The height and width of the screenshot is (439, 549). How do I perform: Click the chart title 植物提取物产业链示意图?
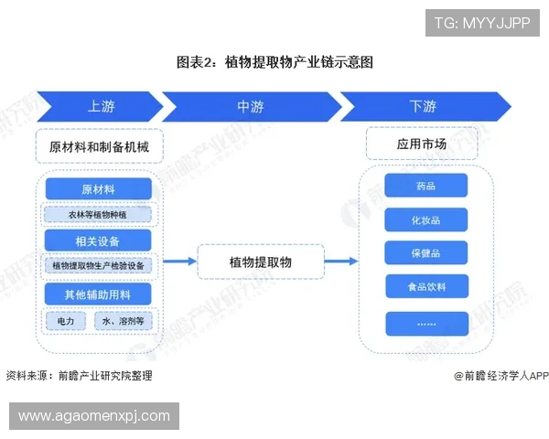pyautogui.click(x=274, y=62)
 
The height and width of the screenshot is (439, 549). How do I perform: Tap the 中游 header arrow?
pyautogui.click(x=251, y=106)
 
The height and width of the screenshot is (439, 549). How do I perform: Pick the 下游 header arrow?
pyautogui.click(x=420, y=106)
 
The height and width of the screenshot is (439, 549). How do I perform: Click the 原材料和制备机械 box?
pyautogui.click(x=99, y=146)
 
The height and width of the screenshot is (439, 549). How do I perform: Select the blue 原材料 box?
pyautogui.click(x=99, y=189)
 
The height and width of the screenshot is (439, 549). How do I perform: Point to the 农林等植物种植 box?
pyautogui.click(x=99, y=215)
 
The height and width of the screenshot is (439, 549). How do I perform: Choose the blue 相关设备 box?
pyautogui.click(x=99, y=241)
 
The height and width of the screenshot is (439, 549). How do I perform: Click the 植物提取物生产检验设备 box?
pyautogui.click(x=99, y=266)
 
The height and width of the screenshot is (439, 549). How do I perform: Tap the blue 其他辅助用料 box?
pyautogui.click(x=99, y=294)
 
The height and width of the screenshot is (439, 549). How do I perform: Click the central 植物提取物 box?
pyautogui.click(x=261, y=262)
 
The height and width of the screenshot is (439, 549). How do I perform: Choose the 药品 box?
pyautogui.click(x=426, y=187)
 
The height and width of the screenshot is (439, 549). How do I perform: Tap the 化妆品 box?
pyautogui.click(x=426, y=219)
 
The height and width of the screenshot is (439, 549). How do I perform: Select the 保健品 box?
pyautogui.click(x=426, y=252)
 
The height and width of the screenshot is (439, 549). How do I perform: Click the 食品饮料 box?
pyautogui.click(x=426, y=286)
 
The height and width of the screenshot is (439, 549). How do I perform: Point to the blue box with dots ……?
pyautogui.click(x=426, y=323)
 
